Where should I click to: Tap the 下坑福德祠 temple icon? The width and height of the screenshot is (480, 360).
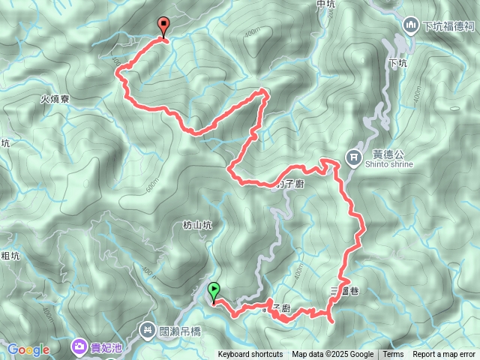409,25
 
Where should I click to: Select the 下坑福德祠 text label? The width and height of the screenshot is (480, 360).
448,26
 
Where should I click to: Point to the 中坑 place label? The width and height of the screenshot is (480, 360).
325,4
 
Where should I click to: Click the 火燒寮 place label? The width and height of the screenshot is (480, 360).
55,97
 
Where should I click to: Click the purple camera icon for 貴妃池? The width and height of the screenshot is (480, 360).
79,346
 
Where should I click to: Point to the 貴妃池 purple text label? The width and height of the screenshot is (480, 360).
107,346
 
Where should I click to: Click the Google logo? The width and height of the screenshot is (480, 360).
28,349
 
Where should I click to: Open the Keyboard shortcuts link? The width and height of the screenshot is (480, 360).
250,355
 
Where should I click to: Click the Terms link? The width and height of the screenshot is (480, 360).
393,355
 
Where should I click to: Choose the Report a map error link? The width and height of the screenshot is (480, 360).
445,355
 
